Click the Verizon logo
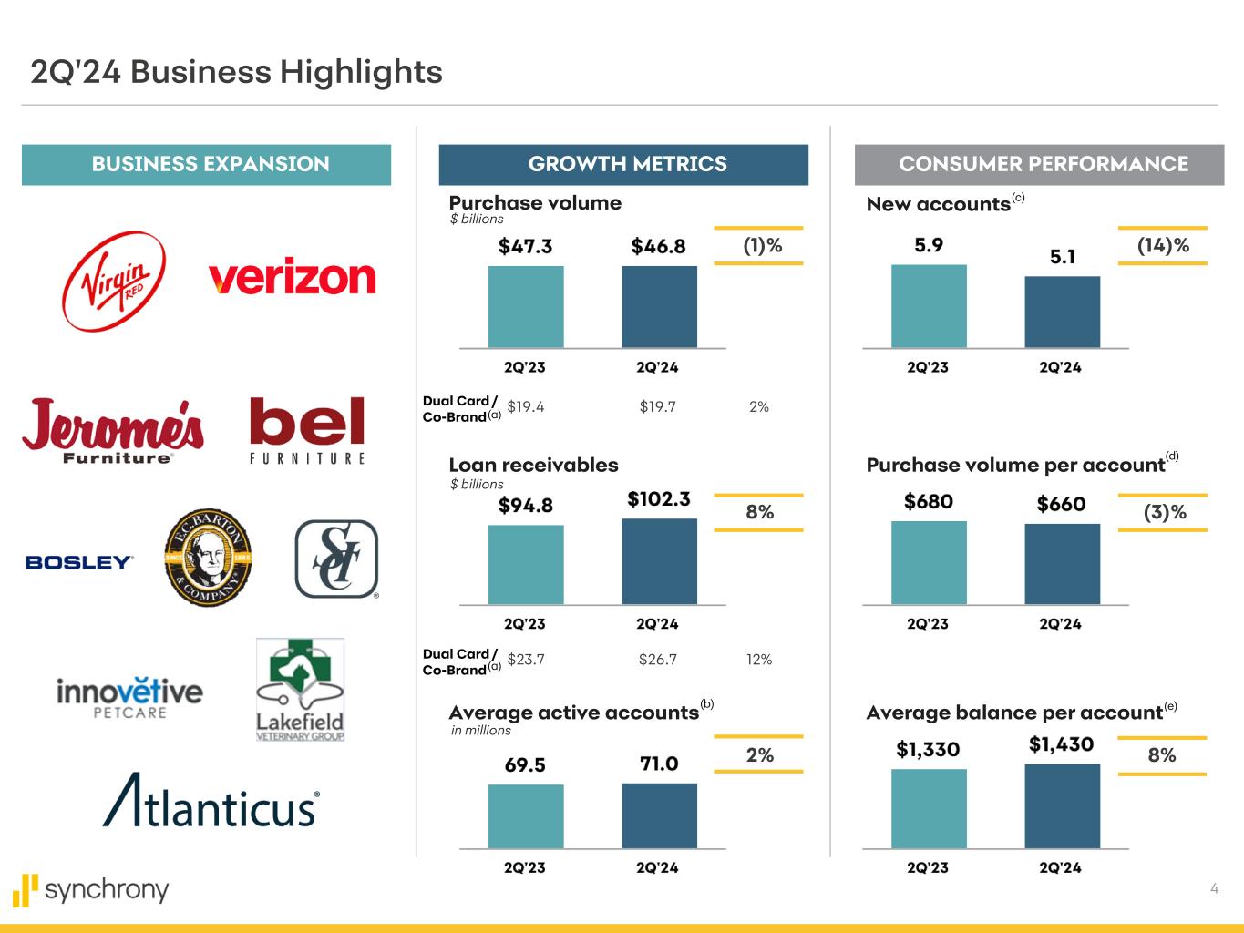pyautogui.click(x=292, y=277)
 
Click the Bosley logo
pyautogui.click(x=79, y=562)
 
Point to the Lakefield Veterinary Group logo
pyautogui.click(x=300, y=690)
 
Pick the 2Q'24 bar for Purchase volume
pyautogui.click(x=659, y=306)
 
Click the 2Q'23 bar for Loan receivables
pyautogui.click(x=526, y=564)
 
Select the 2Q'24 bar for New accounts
pyautogui.click(x=1062, y=312)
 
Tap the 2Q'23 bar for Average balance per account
pyautogui.click(x=929, y=808)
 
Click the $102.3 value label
pyautogui.click(x=659, y=499)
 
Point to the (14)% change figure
pyautogui.click(x=1163, y=245)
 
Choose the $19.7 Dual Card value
pyautogui.click(x=658, y=406)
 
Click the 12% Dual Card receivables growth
pyautogui.click(x=759, y=659)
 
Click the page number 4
pyautogui.click(x=1214, y=888)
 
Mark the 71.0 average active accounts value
pyautogui.click(x=659, y=764)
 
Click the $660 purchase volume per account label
pyautogui.click(x=1062, y=503)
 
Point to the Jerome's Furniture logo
pyautogui.click(x=113, y=431)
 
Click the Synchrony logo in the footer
pyautogui.click(x=91, y=889)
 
